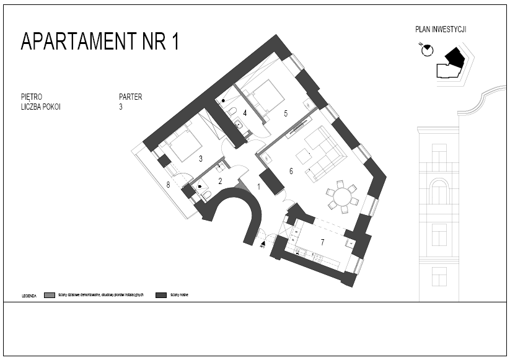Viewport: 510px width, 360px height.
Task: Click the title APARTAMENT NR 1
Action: click(x=100, y=42)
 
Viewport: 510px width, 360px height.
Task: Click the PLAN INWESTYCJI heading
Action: click(x=441, y=29)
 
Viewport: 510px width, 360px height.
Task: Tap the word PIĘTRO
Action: click(x=31, y=97)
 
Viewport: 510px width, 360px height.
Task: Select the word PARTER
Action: click(x=130, y=97)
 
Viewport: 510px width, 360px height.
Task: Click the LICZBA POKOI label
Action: click(x=40, y=107)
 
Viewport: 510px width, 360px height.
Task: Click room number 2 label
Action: click(x=220, y=181)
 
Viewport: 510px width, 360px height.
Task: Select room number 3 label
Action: click(x=200, y=159)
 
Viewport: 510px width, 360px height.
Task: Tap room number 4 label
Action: click(x=245, y=113)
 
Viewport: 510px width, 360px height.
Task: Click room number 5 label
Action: click(x=286, y=113)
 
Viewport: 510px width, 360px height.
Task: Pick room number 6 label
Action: click(x=290, y=170)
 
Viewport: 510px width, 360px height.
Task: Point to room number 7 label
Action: click(x=322, y=241)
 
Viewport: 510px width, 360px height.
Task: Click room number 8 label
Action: click(x=167, y=184)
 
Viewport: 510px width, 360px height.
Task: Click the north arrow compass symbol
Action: click(x=426, y=50)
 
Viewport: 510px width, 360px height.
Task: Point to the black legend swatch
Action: click(x=162, y=295)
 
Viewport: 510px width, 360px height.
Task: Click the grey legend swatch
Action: click(x=50, y=295)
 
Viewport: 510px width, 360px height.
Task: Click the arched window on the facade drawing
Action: click(x=439, y=191)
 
